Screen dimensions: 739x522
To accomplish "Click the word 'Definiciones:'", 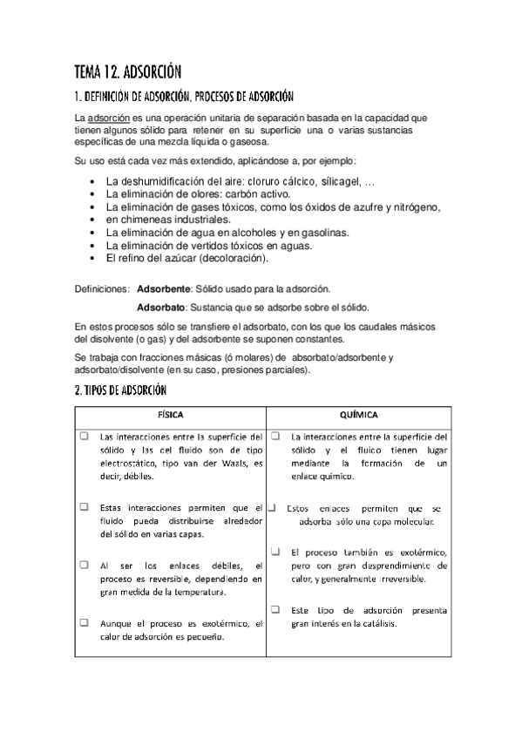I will [103, 288].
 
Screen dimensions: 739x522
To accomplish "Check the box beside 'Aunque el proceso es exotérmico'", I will [85, 623].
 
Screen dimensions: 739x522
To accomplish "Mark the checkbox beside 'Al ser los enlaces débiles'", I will [85, 566].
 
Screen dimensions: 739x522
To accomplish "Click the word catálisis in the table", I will [376, 624].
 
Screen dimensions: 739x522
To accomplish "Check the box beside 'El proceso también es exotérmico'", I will [275, 552].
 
